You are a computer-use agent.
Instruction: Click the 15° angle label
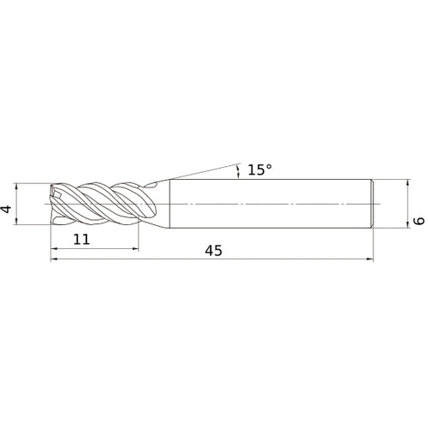coord(259,169)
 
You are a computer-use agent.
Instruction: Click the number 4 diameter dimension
coord(7,209)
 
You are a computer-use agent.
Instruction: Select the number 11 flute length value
coord(81,239)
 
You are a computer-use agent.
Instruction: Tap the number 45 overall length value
coord(213,251)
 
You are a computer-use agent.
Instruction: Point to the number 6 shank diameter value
coord(419,221)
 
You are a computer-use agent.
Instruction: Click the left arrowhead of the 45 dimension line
coord(54,259)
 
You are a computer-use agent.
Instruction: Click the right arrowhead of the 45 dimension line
coord(370,259)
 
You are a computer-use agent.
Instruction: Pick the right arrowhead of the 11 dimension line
coord(135,249)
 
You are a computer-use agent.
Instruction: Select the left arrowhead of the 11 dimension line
coord(54,249)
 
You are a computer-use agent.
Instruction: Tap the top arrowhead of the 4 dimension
coord(16,187)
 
